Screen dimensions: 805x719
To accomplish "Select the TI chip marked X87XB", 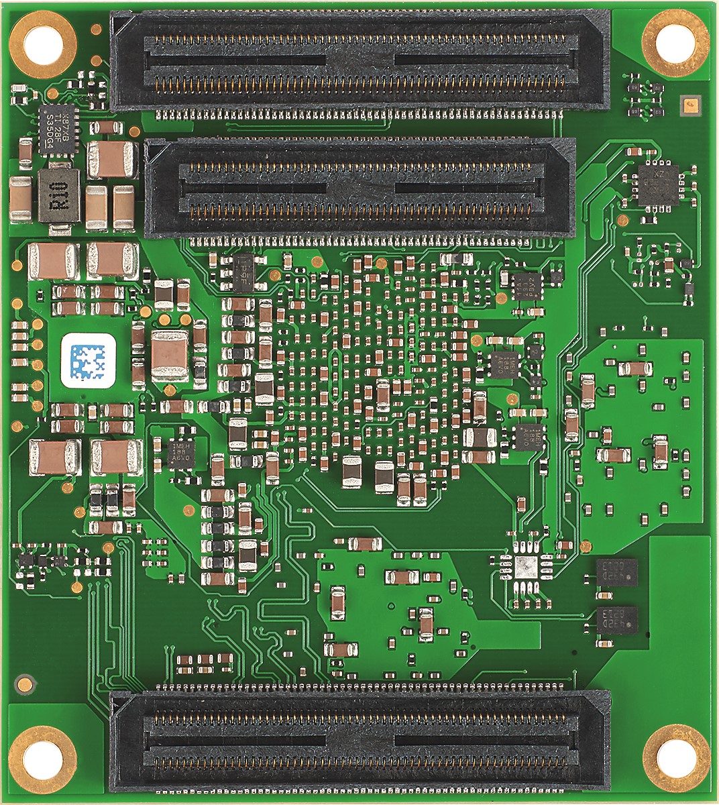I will coord(58,129).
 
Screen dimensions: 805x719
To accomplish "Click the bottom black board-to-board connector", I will coord(359,741).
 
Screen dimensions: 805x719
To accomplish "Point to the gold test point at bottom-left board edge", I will coord(25,684).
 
